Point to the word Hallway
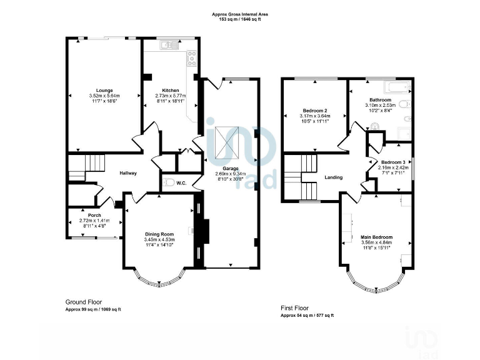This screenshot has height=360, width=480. pos(127,173)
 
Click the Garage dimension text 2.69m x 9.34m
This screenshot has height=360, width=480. pos(230,173)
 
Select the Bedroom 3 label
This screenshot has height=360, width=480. pos(393,162)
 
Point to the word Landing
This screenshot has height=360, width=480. pos(333,177)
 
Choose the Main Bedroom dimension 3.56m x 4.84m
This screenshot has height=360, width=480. pos(376,243)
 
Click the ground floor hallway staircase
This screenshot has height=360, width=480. pos(87,166)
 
